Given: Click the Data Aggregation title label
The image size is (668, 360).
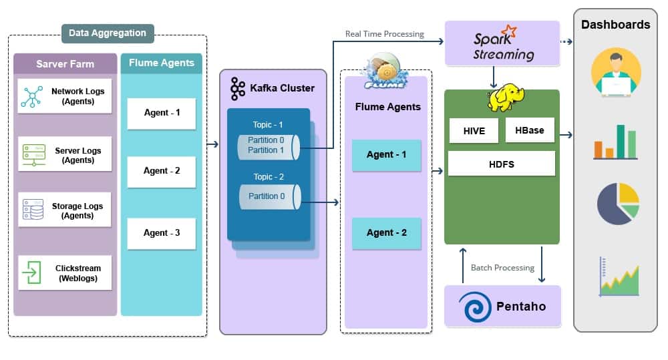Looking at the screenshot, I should (107, 33).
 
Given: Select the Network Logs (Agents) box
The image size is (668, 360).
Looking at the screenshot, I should (64, 96).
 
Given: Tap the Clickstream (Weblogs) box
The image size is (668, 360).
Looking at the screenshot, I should (64, 273).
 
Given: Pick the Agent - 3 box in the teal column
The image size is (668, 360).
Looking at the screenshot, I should (161, 233).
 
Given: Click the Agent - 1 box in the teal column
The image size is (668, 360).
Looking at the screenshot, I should (161, 113).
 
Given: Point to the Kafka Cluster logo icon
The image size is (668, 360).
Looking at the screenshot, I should (238, 88).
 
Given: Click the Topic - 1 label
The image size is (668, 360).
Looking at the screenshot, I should (268, 125).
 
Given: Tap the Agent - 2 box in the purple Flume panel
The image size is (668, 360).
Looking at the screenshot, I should (387, 233).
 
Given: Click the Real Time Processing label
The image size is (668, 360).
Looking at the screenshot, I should (384, 34).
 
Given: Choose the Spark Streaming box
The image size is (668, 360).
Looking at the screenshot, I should (502, 43).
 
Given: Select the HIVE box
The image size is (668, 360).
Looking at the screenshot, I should (474, 131).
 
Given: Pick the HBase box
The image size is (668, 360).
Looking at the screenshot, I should (530, 130).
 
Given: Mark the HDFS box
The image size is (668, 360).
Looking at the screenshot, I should (501, 164).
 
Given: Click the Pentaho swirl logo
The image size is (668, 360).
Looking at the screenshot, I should (476, 306).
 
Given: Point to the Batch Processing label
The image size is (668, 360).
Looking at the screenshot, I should (502, 268).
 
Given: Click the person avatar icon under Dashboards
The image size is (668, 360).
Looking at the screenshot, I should (615, 73).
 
